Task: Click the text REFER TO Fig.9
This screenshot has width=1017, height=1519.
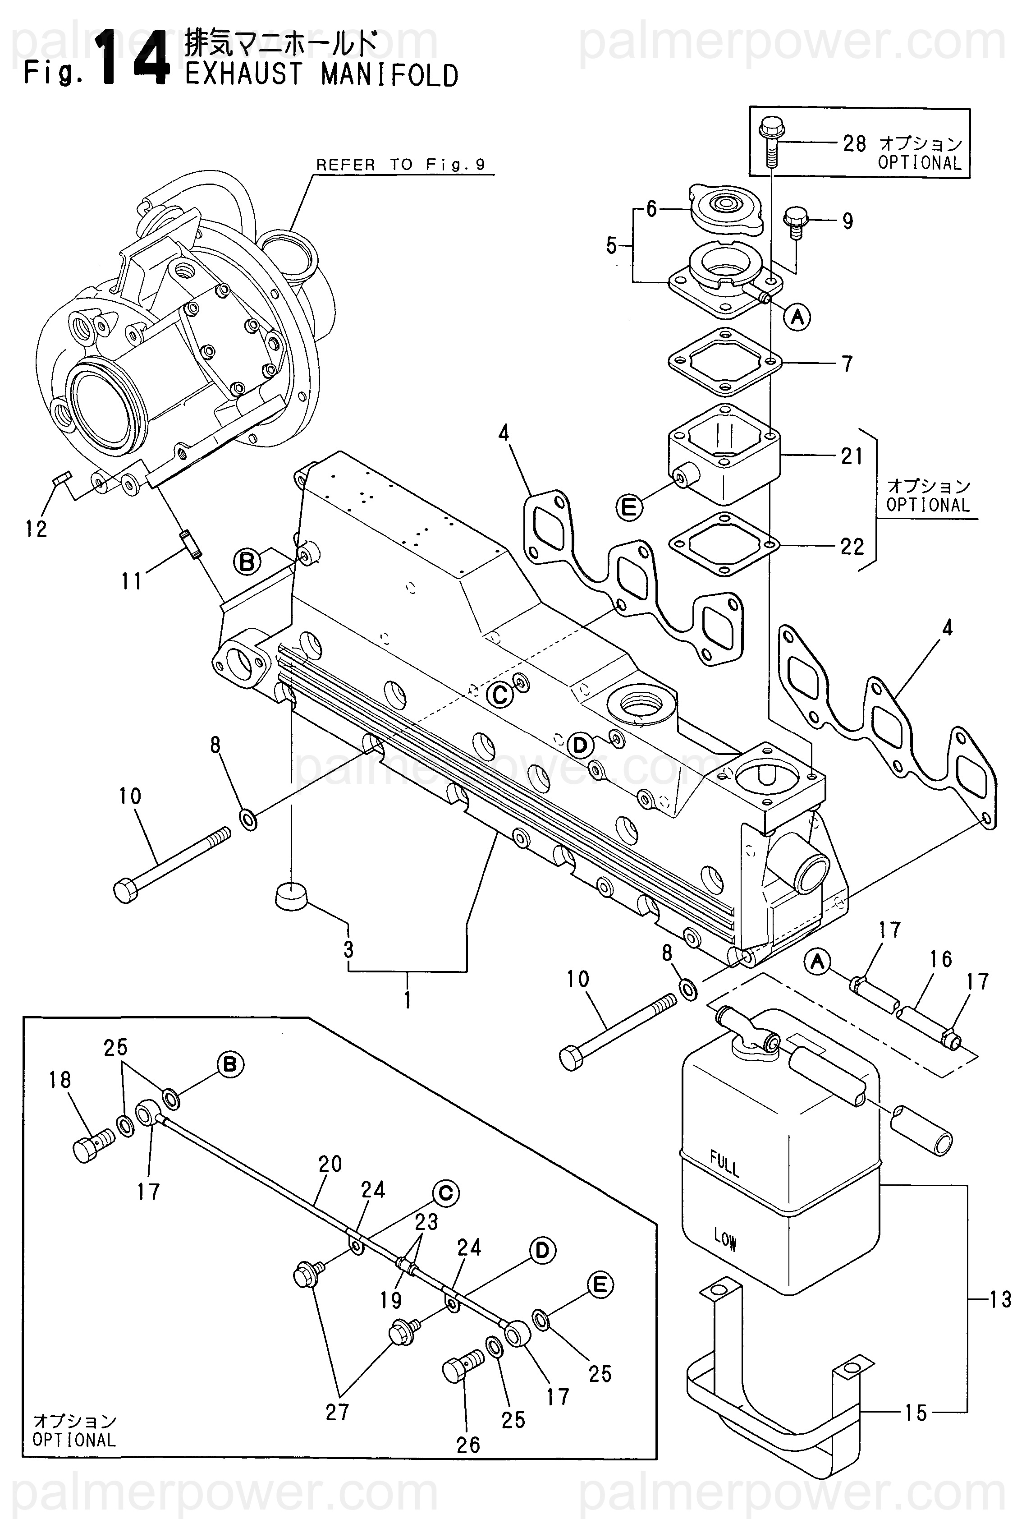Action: tap(400, 165)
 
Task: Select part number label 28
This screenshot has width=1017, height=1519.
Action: tap(854, 143)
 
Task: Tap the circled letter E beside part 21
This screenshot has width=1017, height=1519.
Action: tap(628, 507)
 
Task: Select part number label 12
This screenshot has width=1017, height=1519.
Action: tap(37, 529)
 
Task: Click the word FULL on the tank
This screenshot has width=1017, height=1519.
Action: tap(724, 1164)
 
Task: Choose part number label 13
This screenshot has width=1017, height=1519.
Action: tap(1001, 1299)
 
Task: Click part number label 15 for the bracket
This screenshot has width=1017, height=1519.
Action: tap(916, 1413)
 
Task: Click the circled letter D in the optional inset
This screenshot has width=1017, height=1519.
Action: tap(542, 1250)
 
